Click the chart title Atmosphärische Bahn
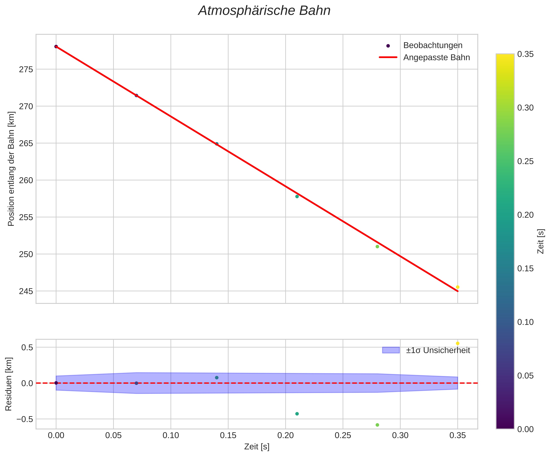pos(264,11)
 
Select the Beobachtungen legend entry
pos(433,45)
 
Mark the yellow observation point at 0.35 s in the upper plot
pos(458,287)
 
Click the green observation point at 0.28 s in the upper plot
pos(377,247)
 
